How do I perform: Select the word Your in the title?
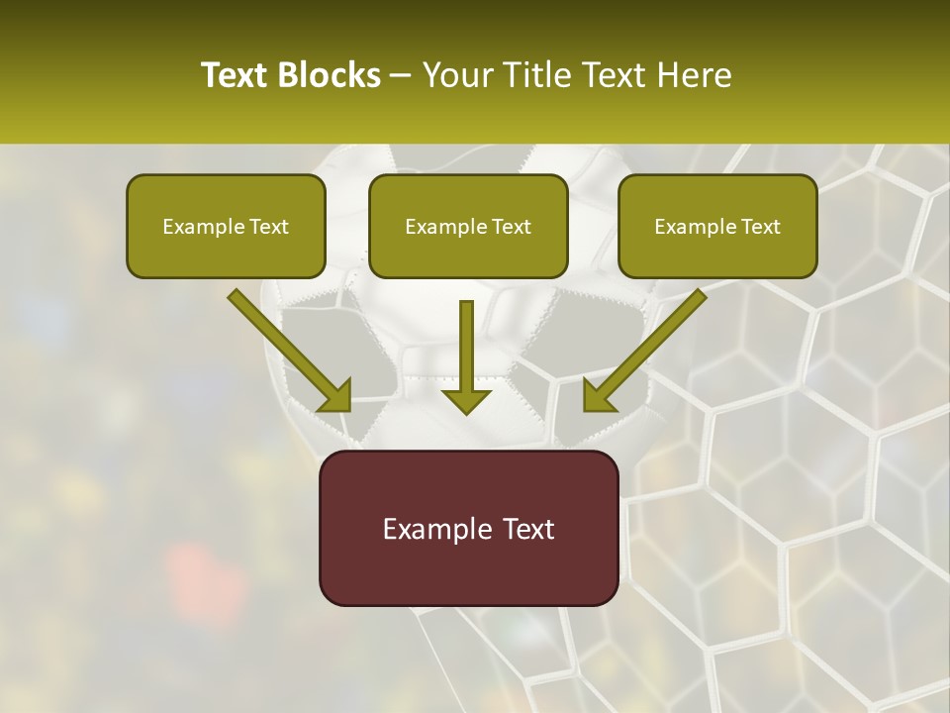[x=456, y=75]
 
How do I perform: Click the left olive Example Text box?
[x=226, y=226]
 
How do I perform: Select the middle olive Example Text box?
[x=468, y=226]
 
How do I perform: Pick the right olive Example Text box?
[x=717, y=226]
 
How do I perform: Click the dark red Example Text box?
[x=468, y=528]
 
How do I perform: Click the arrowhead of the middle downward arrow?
[x=466, y=400]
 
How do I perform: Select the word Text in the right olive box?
[x=760, y=227]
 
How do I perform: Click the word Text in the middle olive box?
[x=511, y=227]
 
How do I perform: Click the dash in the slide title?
[x=401, y=76]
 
